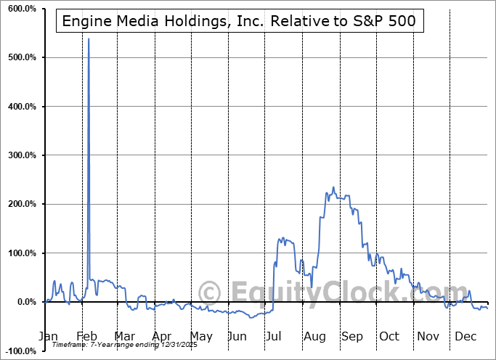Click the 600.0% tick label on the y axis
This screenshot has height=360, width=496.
click(x=20, y=9)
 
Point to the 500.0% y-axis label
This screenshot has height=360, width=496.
click(x=20, y=57)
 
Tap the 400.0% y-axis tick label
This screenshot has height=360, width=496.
click(x=20, y=107)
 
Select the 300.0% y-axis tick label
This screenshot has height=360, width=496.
click(x=20, y=155)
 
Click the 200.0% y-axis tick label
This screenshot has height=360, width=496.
click(x=20, y=204)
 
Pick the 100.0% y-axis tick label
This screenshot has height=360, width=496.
click(x=20, y=253)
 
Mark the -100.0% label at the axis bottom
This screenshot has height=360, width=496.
click(x=19, y=351)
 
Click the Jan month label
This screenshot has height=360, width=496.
click(x=47, y=336)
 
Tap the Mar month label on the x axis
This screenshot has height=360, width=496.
click(x=123, y=336)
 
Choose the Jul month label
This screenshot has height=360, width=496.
click(x=275, y=336)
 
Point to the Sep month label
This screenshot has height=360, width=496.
click(x=352, y=336)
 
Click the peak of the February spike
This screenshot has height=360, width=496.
click(x=89, y=38)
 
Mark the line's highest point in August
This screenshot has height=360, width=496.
click(x=333, y=187)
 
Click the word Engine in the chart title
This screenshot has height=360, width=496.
click(x=86, y=21)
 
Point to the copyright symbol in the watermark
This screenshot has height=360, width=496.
click(x=210, y=293)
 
